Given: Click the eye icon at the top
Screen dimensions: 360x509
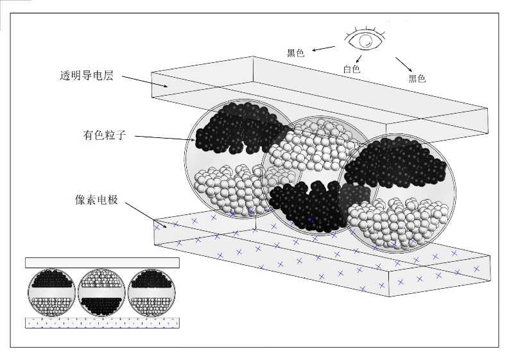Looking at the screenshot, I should tap(365, 40).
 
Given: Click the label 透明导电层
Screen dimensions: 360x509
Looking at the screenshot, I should tap(86, 78).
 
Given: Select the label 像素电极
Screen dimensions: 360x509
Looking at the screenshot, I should tap(96, 200).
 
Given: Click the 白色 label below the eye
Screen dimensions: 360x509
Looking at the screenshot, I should tap(351, 69).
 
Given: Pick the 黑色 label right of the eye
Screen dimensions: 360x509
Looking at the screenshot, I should tap(417, 79).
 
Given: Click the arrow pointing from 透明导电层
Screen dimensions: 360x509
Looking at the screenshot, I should tap(145, 81).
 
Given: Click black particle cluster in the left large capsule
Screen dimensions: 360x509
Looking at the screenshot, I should tap(237, 128).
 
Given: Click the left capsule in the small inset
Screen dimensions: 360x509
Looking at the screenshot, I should tap(51, 293).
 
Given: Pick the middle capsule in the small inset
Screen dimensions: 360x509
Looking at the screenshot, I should tap(101, 293).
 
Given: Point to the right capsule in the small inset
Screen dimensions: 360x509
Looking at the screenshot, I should tap(151, 293).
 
